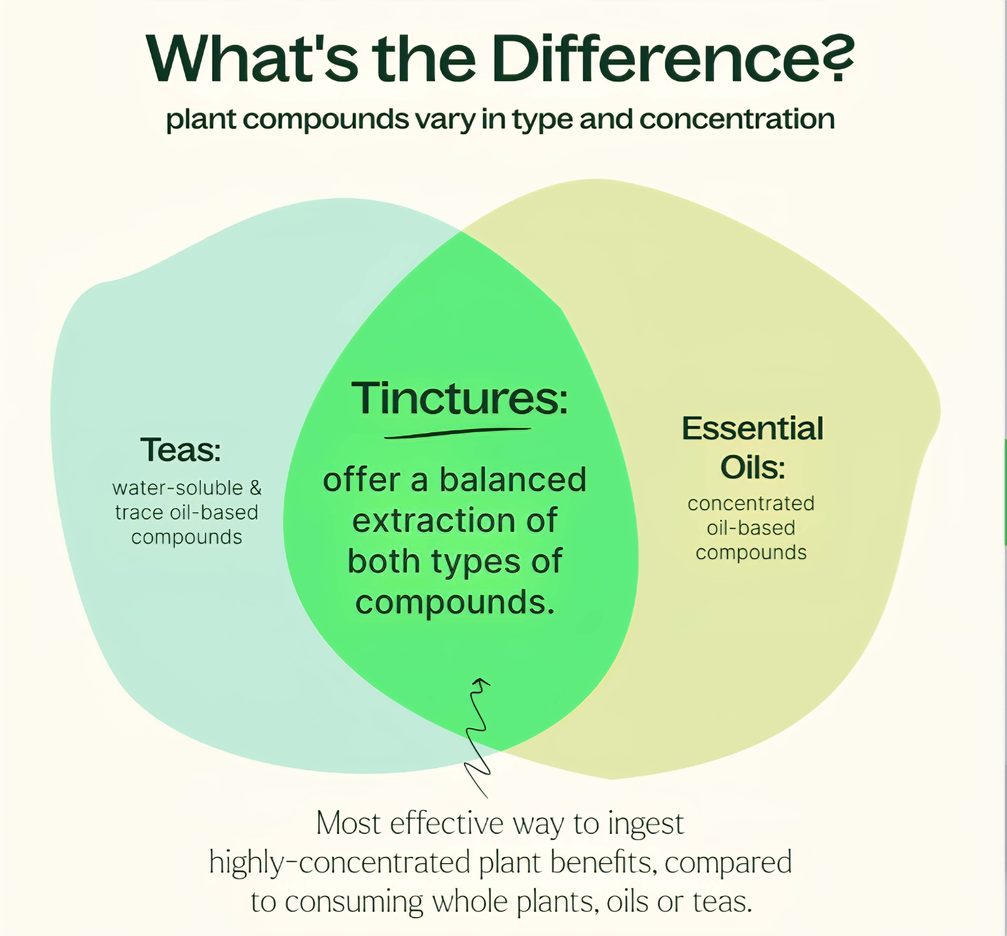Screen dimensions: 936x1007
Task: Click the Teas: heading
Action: [x=181, y=450]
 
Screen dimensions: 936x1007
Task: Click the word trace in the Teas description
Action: [x=140, y=513]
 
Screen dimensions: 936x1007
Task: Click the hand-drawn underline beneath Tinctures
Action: [x=457, y=433]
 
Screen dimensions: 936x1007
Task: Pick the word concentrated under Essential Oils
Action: [x=751, y=503]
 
